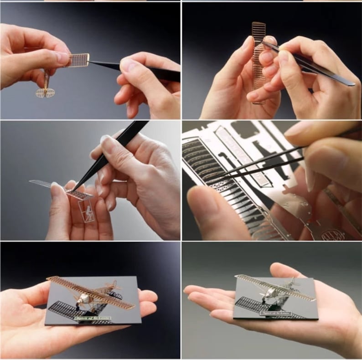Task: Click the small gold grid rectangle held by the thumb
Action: [x=78, y=60]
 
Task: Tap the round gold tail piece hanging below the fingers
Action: [x=45, y=93]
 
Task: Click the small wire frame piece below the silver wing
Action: [x=88, y=211]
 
